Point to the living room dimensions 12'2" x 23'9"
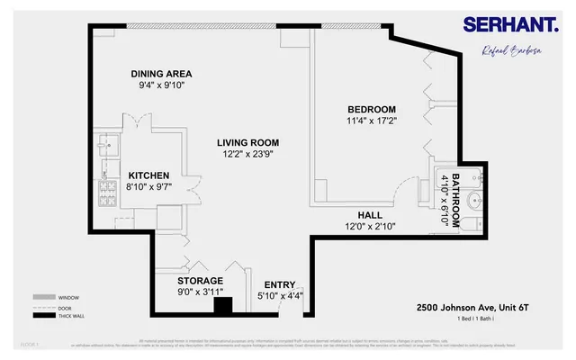point(247,154)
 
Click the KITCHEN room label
point(149,175)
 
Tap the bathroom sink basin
point(475,200)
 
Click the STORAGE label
point(200,280)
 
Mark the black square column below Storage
point(222,306)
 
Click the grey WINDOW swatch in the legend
point(43,296)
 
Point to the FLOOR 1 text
point(29,344)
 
